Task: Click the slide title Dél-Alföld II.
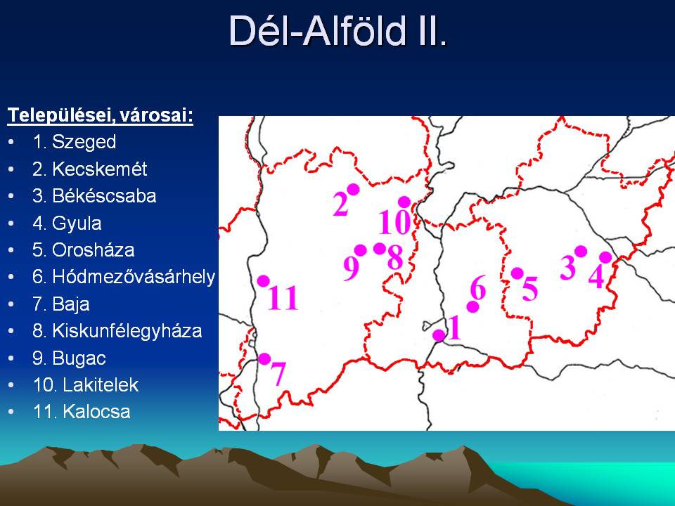click(338, 30)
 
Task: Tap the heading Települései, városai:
click(101, 115)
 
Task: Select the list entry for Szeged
click(74, 142)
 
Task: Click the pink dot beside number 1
click(439, 335)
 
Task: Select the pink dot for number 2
click(353, 189)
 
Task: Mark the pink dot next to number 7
click(264, 359)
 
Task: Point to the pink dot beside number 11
click(264, 281)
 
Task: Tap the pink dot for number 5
click(517, 273)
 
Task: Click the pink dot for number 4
click(605, 257)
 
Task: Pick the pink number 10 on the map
click(394, 223)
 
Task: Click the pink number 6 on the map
click(478, 287)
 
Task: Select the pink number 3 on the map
click(568, 267)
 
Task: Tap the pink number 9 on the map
click(352, 268)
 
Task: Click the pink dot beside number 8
click(379, 248)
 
